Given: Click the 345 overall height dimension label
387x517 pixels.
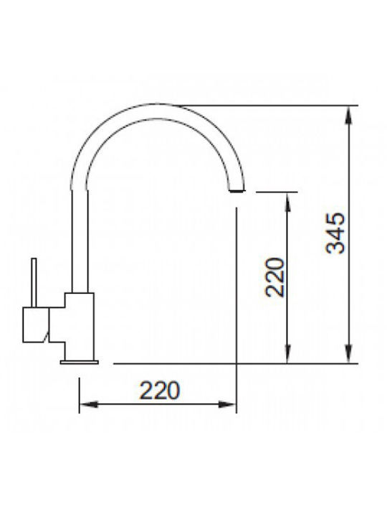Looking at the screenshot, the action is pyautogui.click(x=335, y=233).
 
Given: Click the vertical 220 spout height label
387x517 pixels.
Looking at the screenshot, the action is pyautogui.click(x=274, y=277).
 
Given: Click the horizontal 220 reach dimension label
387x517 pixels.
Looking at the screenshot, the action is pyautogui.click(x=160, y=391).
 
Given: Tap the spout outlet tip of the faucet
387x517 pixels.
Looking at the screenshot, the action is pyautogui.click(x=237, y=191).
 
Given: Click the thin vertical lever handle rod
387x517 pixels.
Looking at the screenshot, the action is pyautogui.click(x=34, y=283).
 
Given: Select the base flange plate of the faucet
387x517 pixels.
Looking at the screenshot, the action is pyautogui.click(x=80, y=363).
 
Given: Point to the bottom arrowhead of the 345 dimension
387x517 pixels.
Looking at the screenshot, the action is pyautogui.click(x=349, y=354).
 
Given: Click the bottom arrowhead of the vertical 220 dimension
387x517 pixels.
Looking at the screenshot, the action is pyautogui.click(x=288, y=354).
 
